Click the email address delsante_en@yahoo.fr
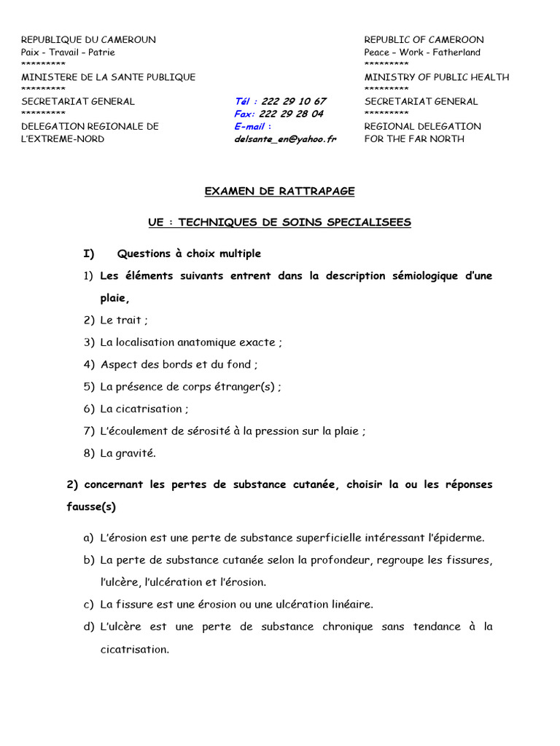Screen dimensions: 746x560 pyautogui.click(x=285, y=138)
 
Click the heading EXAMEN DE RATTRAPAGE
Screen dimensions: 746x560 pyautogui.click(x=279, y=191)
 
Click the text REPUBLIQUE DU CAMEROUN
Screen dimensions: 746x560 pyautogui.click(x=88, y=39)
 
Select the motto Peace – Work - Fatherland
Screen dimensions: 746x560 pyautogui.click(x=422, y=52)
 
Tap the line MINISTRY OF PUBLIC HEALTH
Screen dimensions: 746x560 pyautogui.click(x=437, y=76)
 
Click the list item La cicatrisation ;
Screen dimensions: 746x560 pyautogui.click(x=144, y=409)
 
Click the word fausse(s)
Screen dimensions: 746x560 pyautogui.click(x=91, y=506)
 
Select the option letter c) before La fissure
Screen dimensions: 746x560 pyautogui.click(x=88, y=604)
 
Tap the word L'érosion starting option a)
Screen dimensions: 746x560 pyautogui.click(x=124, y=538)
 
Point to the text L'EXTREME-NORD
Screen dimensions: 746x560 pyautogui.click(x=63, y=138)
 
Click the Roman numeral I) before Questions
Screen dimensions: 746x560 pyautogui.click(x=89, y=254)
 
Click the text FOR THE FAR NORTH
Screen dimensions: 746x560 pyautogui.click(x=414, y=138)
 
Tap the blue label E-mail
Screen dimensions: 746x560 pyautogui.click(x=252, y=126)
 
